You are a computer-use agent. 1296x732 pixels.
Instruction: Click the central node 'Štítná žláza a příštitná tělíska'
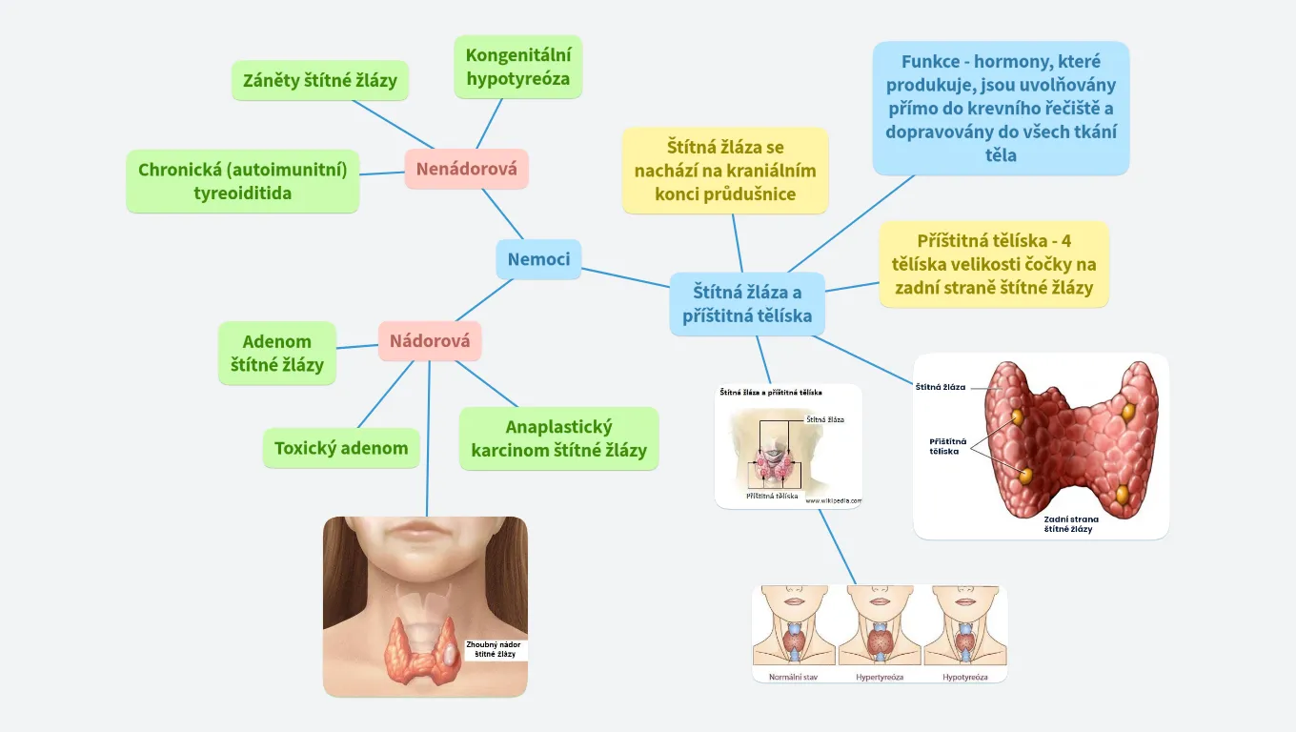pyautogui.click(x=747, y=303)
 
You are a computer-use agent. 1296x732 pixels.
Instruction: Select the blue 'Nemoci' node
pyautogui.click(x=538, y=259)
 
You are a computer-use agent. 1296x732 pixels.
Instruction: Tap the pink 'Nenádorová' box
pyautogui.click(x=466, y=170)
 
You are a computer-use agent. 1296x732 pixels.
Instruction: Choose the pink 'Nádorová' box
pyautogui.click(x=430, y=340)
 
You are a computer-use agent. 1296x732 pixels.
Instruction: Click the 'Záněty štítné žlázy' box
pyautogui.click(x=320, y=81)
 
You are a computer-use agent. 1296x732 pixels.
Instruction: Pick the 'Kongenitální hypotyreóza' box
pyautogui.click(x=517, y=67)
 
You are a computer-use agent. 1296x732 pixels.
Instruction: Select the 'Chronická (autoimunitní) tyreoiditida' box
pyautogui.click(x=243, y=181)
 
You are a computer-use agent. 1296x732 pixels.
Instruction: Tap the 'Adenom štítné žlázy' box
pyautogui.click(x=277, y=353)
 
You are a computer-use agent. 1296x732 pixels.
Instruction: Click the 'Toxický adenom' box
pyautogui.click(x=341, y=448)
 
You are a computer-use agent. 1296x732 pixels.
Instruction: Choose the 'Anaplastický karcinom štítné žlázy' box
pyautogui.click(x=558, y=438)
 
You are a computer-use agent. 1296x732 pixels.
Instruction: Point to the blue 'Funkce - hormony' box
pyautogui.click(x=1001, y=108)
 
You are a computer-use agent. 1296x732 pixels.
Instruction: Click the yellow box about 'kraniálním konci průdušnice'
pyautogui.click(x=725, y=171)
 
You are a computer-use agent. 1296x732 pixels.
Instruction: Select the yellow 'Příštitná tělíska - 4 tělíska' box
pyautogui.click(x=994, y=264)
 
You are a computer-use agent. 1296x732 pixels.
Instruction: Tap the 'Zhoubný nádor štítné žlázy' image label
pyautogui.click(x=495, y=649)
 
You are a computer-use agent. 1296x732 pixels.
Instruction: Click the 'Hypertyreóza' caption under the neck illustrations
pyautogui.click(x=880, y=677)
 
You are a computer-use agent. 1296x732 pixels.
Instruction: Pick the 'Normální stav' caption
pyautogui.click(x=793, y=677)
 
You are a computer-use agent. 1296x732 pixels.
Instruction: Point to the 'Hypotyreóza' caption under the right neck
pyautogui.click(x=965, y=677)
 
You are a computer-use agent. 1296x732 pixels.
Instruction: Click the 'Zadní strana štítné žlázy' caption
pyautogui.click(x=1071, y=523)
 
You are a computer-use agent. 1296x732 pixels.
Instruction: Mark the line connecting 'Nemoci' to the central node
pyautogui.click(x=625, y=277)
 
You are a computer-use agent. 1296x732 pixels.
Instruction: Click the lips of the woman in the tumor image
pyautogui.click(x=425, y=531)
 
